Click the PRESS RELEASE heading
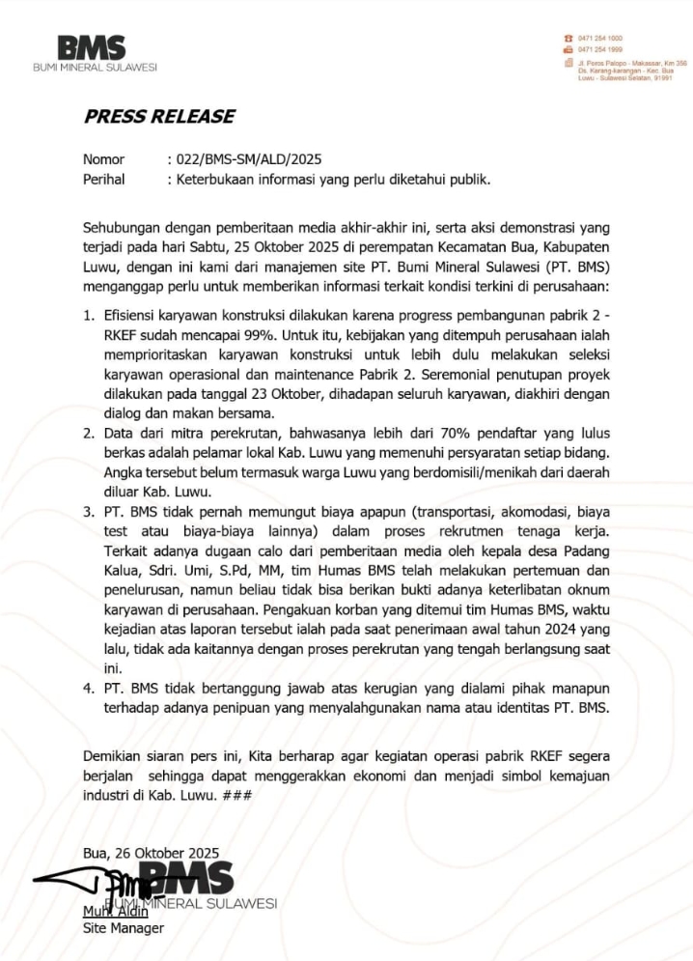coord(159,117)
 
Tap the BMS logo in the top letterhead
coord(92,48)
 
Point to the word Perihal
coord(104,179)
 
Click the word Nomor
coord(104,159)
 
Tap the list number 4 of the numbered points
coord(88,688)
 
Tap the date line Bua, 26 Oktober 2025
coord(151,853)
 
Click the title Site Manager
coord(124,928)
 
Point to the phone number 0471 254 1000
coord(599,38)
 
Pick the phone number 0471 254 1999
coord(599,48)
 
